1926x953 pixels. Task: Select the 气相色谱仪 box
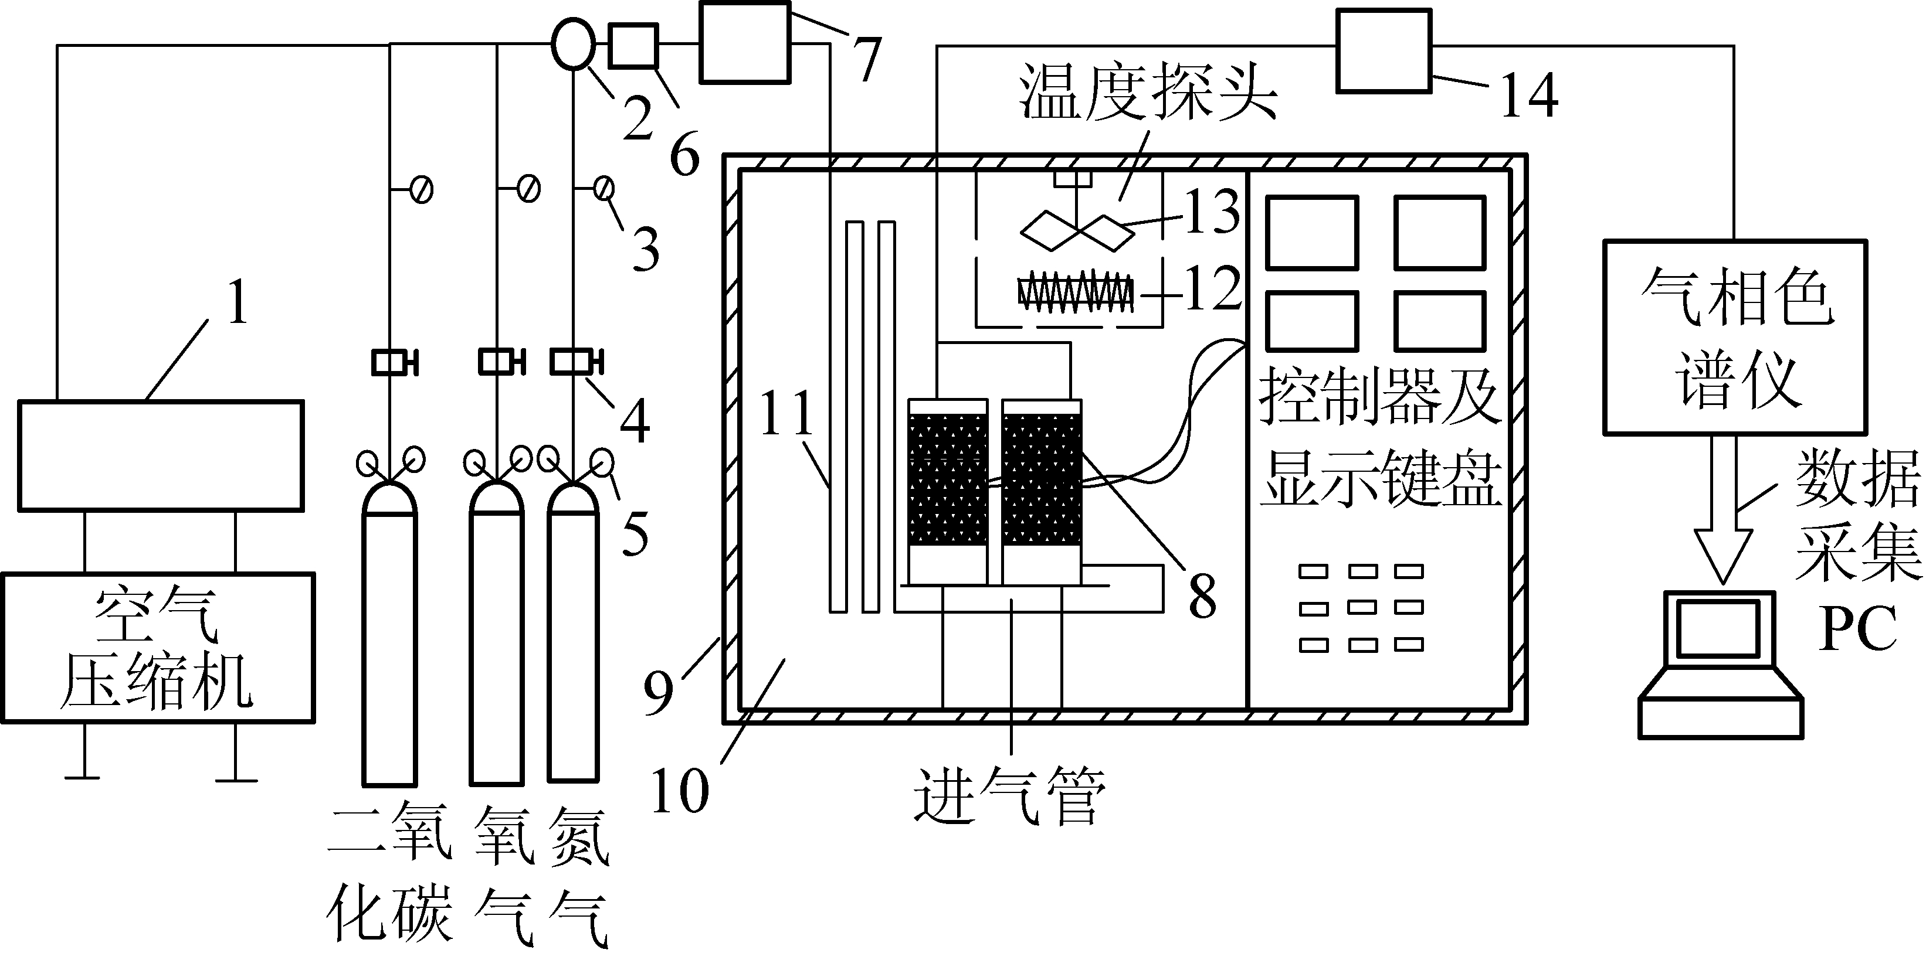tap(1735, 336)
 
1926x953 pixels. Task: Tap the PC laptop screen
tap(1718, 628)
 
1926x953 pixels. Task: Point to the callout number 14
tap(1530, 95)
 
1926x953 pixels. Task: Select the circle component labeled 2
tap(574, 43)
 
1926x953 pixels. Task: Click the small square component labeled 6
tap(634, 46)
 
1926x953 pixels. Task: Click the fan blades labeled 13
tap(1077, 231)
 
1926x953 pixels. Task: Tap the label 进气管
tap(1009, 796)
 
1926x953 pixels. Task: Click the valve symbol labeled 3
tap(604, 188)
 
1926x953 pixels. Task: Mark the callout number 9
tap(659, 692)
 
